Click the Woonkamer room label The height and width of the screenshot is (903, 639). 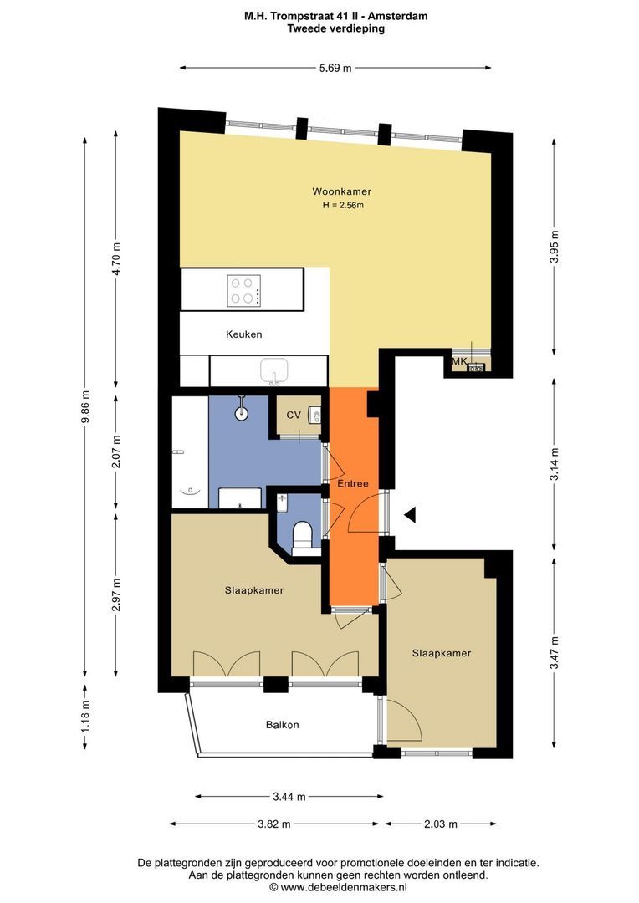pos(342,191)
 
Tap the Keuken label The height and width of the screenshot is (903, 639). pos(243,334)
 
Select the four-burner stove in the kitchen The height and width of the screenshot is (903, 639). pos(243,290)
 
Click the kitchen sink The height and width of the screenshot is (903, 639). pos(274,370)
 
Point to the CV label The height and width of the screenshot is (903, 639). pos(294,415)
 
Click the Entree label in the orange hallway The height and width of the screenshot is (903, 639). pos(353,484)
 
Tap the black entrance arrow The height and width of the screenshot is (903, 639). pos(410,515)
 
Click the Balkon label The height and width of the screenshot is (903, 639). pos(283,724)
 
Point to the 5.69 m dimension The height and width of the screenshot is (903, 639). pos(335,68)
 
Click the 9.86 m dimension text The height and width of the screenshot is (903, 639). pos(85,406)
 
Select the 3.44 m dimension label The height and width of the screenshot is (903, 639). pos(289,797)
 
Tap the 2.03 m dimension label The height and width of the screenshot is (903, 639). pos(441,824)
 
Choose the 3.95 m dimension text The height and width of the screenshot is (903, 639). pos(555,247)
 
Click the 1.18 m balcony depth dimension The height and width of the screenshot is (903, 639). pos(85,716)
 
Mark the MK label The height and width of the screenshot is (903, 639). pos(459,361)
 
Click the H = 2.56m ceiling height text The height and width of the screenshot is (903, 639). pos(344,205)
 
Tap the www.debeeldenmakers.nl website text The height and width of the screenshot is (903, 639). pos(344,887)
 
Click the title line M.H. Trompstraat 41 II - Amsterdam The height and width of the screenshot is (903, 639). pos(336,16)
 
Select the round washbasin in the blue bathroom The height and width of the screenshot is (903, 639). pos(242,411)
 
